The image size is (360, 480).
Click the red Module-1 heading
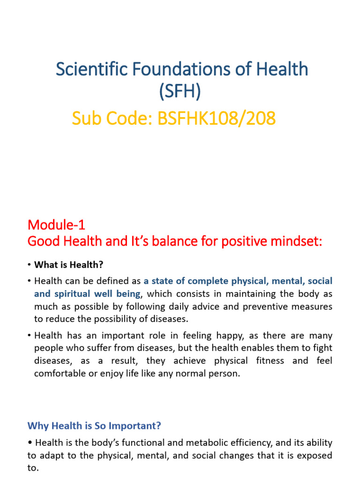56,225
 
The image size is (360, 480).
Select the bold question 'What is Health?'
68,265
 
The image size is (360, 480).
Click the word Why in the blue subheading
37,426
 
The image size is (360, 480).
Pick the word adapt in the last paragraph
57,455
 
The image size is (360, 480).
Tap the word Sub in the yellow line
86,119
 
